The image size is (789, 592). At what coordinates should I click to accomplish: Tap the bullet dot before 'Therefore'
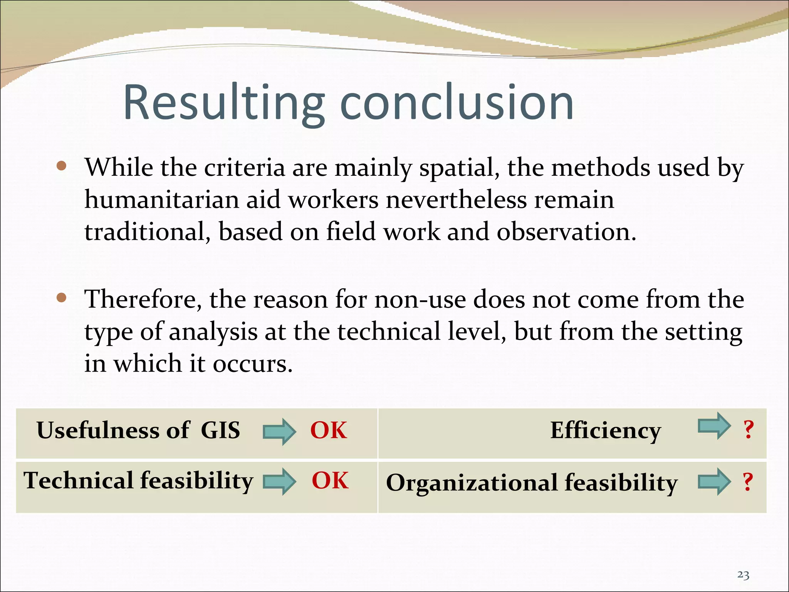(x=61, y=298)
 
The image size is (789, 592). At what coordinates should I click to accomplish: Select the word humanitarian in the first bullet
(x=162, y=200)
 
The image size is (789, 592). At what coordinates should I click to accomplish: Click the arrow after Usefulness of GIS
(x=279, y=431)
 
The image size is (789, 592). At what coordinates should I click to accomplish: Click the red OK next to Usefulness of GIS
(x=329, y=430)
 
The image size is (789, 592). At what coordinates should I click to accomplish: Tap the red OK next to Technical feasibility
(x=330, y=480)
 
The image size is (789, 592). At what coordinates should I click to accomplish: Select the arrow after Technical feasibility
(x=279, y=481)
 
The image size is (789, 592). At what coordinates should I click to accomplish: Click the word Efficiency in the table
(x=605, y=430)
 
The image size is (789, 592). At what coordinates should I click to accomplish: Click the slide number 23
(x=743, y=575)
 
